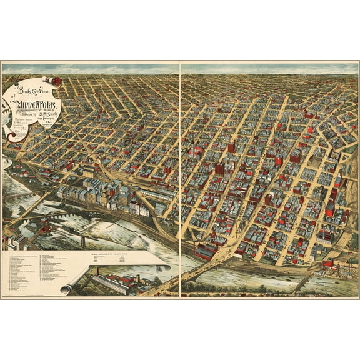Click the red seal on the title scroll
(x=56, y=81)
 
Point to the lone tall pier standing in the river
(x=82, y=239)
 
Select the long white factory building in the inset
(x=106, y=285)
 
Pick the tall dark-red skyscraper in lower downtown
(x=220, y=169)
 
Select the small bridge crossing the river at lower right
(x=304, y=282)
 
